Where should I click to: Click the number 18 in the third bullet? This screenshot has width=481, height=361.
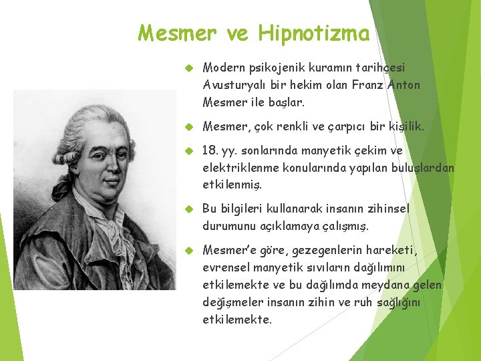point(209,151)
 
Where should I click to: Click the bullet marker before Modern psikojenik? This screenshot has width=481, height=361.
point(188,68)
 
